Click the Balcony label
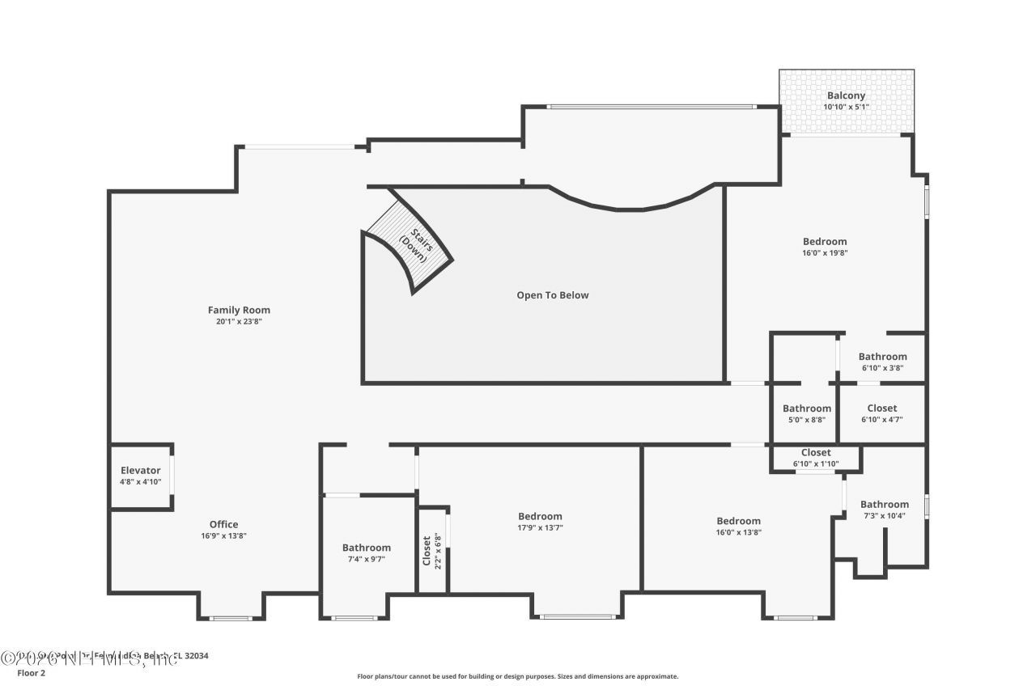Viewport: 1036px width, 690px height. tap(846, 95)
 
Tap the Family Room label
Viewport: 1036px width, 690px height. tap(239, 310)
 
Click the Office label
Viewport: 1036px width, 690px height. tap(223, 524)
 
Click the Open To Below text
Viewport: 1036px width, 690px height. tap(553, 295)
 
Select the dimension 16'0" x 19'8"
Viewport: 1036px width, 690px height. tap(825, 252)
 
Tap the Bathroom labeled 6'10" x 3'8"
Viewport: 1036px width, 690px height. tap(882, 357)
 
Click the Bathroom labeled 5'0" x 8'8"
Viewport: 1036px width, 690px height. tap(806, 408)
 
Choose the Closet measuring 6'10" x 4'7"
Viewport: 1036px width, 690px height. tap(881, 408)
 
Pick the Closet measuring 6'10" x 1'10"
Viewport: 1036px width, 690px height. tap(816, 453)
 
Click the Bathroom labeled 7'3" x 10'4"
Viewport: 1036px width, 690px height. tap(884, 504)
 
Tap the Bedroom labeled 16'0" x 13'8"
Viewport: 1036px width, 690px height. tap(738, 521)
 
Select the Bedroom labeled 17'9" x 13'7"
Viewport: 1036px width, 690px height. tap(540, 516)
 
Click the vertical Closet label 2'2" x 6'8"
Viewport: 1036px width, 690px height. tap(427, 550)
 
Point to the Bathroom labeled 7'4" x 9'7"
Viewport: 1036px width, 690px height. tap(366, 548)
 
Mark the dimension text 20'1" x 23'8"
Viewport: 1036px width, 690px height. tap(239, 321)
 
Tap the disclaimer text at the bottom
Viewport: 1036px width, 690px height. tap(518, 676)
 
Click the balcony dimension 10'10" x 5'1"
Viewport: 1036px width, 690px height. tap(846, 107)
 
